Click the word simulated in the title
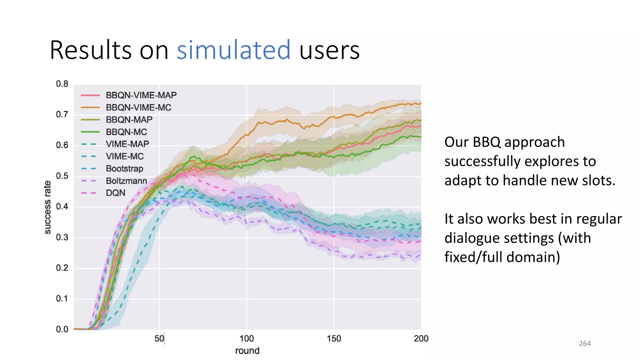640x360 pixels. click(x=233, y=50)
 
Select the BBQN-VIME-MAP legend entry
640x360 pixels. click(x=141, y=95)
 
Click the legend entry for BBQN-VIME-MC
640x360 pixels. click(x=138, y=107)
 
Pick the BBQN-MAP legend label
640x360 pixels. click(x=129, y=120)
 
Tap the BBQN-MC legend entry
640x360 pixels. click(x=126, y=132)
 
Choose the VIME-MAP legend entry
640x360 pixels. click(x=127, y=144)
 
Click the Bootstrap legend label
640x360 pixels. click(x=124, y=169)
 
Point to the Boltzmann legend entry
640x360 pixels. click(x=126, y=181)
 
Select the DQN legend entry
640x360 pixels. click(x=115, y=193)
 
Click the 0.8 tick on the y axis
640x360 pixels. click(x=62, y=84)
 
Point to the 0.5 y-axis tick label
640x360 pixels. click(x=62, y=176)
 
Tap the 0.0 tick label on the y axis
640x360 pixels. click(x=62, y=329)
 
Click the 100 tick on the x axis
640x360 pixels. click(x=247, y=339)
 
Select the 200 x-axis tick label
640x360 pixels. click(x=421, y=339)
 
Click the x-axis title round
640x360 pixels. click(x=247, y=351)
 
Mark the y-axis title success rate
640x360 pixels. click(x=47, y=207)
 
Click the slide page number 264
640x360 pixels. click(x=585, y=344)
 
